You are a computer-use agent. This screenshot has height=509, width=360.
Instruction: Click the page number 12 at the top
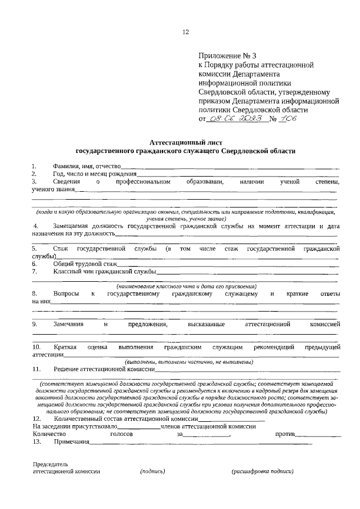click(x=185, y=32)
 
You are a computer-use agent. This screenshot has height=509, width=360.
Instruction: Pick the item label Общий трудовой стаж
click(x=85, y=263)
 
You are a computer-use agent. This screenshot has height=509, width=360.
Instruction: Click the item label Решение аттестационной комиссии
click(x=104, y=369)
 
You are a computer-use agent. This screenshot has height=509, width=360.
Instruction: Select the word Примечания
click(x=71, y=443)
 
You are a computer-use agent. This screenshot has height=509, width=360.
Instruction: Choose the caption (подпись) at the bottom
click(x=152, y=472)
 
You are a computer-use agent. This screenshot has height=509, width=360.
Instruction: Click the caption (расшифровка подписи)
click(x=262, y=472)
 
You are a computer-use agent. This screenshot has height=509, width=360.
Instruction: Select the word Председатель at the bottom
click(x=50, y=465)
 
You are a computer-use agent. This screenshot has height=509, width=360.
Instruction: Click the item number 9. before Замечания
click(x=34, y=325)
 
